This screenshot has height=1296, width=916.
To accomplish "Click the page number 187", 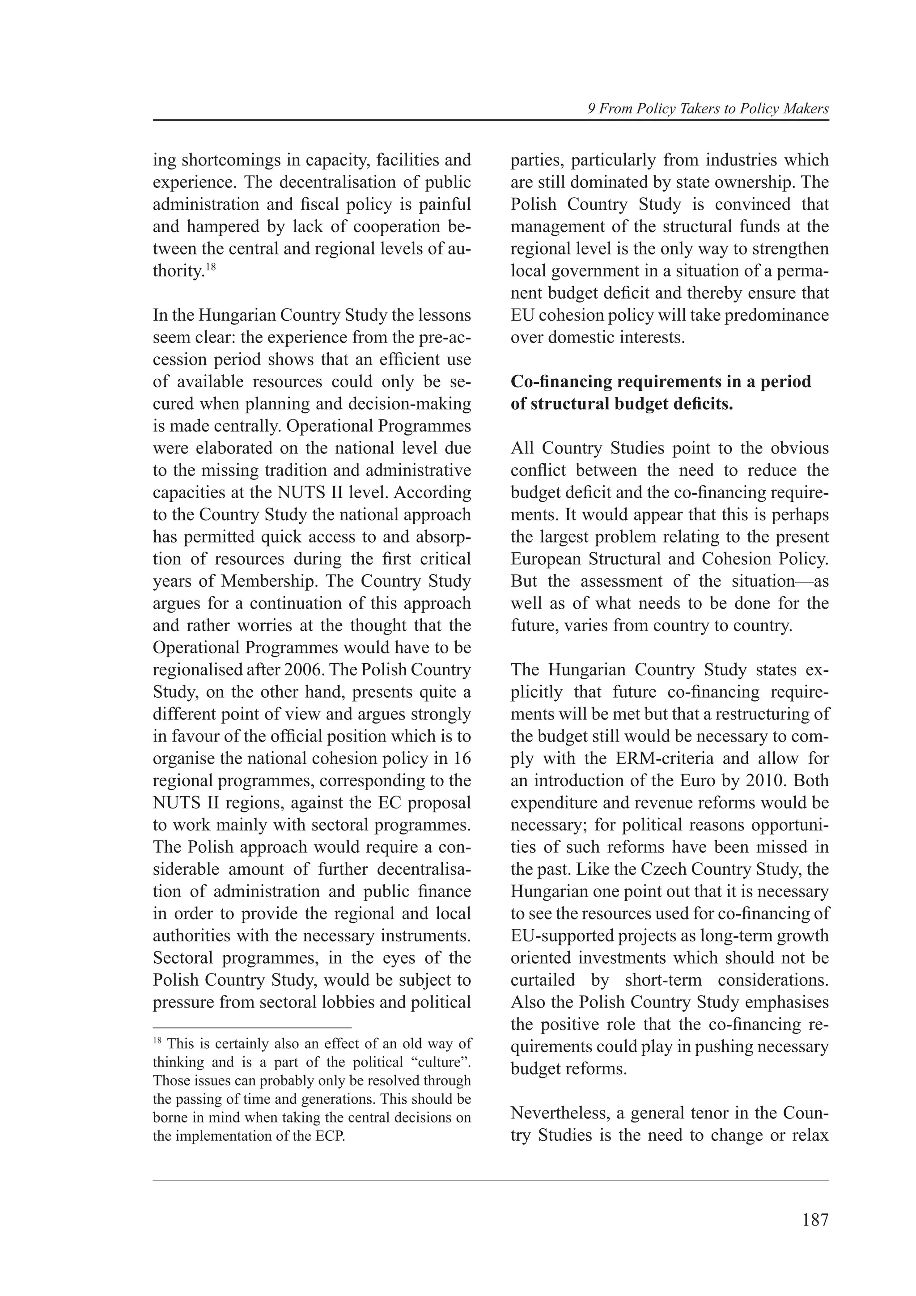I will [814, 1220].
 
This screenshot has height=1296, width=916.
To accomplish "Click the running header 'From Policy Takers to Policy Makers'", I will [713, 109].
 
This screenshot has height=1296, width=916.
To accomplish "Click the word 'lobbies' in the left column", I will [350, 1003].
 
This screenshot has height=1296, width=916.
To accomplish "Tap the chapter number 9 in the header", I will [591, 109].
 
